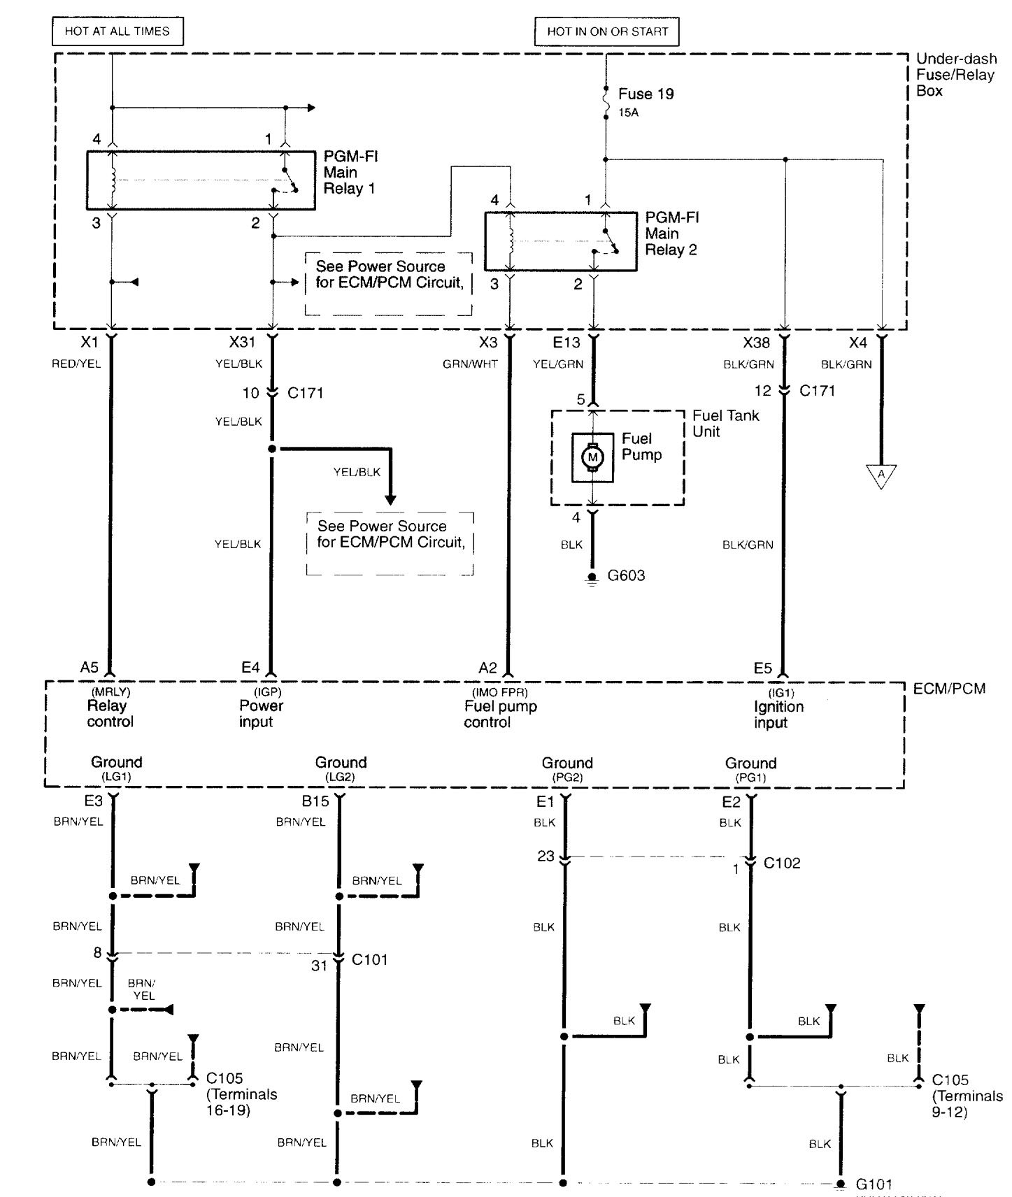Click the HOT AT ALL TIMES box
(117, 31)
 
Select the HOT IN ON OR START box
(607, 31)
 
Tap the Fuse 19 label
(646, 94)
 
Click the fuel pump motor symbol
(593, 457)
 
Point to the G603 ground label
(626, 576)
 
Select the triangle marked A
(881, 475)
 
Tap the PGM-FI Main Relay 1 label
(350, 173)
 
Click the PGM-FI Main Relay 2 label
(671, 234)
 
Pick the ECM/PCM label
(949, 689)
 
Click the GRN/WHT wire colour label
(470, 364)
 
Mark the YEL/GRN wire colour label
(557, 364)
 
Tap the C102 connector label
(782, 863)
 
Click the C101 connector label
(369, 959)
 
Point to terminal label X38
(756, 343)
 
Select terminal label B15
(315, 801)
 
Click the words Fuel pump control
(500, 714)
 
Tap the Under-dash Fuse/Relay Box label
(955, 75)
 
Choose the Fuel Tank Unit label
(725, 423)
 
